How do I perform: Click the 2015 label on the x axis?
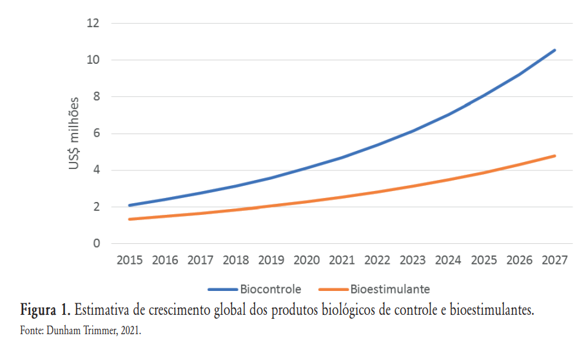[130, 261]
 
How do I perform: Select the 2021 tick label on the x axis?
[342, 261]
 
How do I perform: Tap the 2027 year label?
[554, 261]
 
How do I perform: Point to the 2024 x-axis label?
[449, 261]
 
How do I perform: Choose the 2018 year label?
[236, 261]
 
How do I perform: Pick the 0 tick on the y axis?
[97, 244]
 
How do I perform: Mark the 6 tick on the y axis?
[97, 134]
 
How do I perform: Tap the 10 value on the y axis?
[93, 60]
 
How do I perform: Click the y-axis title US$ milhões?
[75, 134]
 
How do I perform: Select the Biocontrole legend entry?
[270, 289]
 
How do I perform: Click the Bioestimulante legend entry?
[390, 289]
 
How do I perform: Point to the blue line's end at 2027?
[554, 50]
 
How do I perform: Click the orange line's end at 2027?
[554, 155]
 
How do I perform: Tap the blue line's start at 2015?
[130, 205]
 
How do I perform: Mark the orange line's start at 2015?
[130, 219]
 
